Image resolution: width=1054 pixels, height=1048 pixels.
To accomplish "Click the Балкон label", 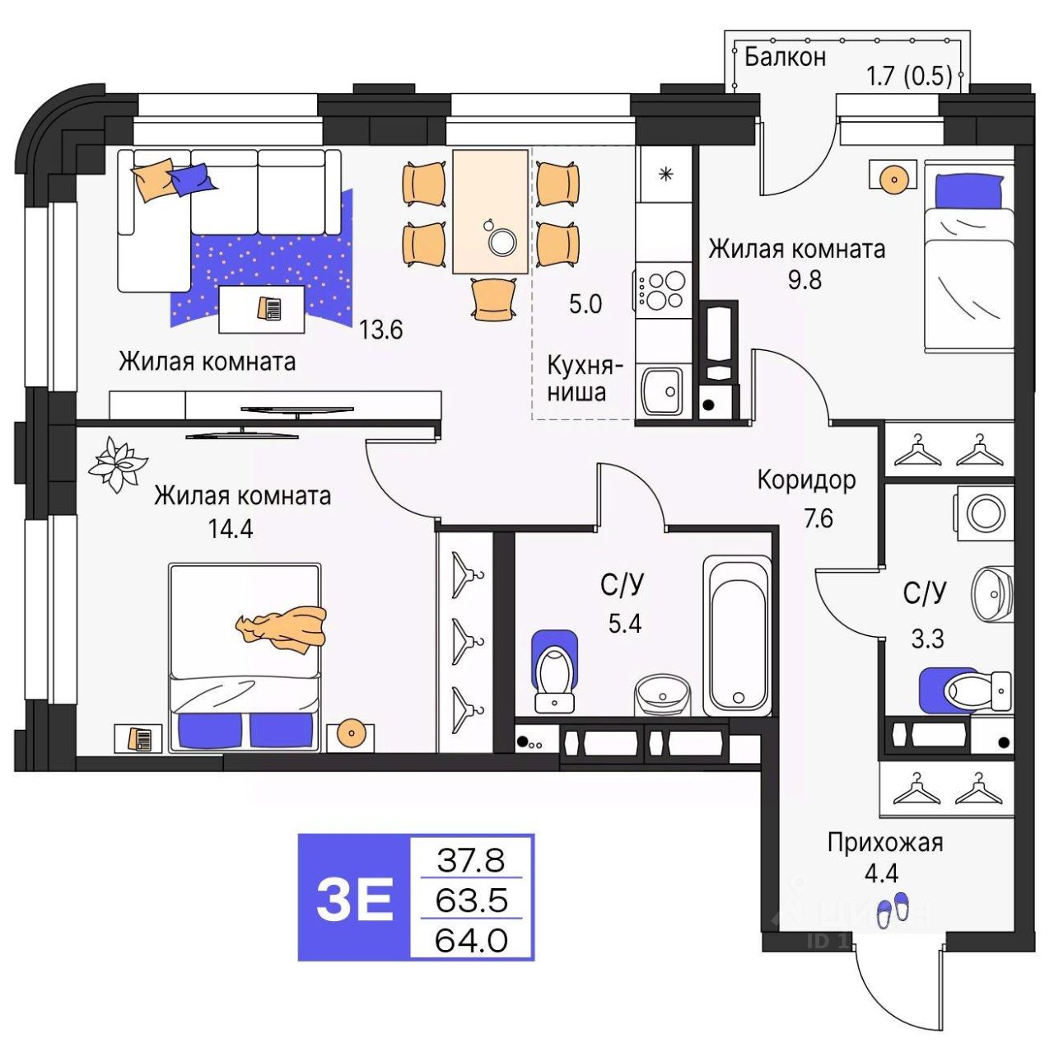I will [x=784, y=57].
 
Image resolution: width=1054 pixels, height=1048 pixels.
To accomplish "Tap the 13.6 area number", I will [x=380, y=330].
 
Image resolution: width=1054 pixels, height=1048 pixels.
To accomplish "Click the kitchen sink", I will [x=661, y=391].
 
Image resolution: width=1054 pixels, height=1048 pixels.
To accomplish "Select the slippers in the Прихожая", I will [x=893, y=909].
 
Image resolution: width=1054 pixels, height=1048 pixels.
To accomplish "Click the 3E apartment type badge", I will [x=354, y=898].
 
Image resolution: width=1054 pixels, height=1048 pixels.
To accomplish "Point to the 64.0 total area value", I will [x=471, y=939].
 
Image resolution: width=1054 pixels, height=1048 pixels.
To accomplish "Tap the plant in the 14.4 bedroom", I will [x=116, y=465].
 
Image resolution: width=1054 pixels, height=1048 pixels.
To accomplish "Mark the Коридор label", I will [x=806, y=480].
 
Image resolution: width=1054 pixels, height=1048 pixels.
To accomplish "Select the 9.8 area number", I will [x=804, y=280].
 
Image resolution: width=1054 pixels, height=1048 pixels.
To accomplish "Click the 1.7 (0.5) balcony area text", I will [x=909, y=77].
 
